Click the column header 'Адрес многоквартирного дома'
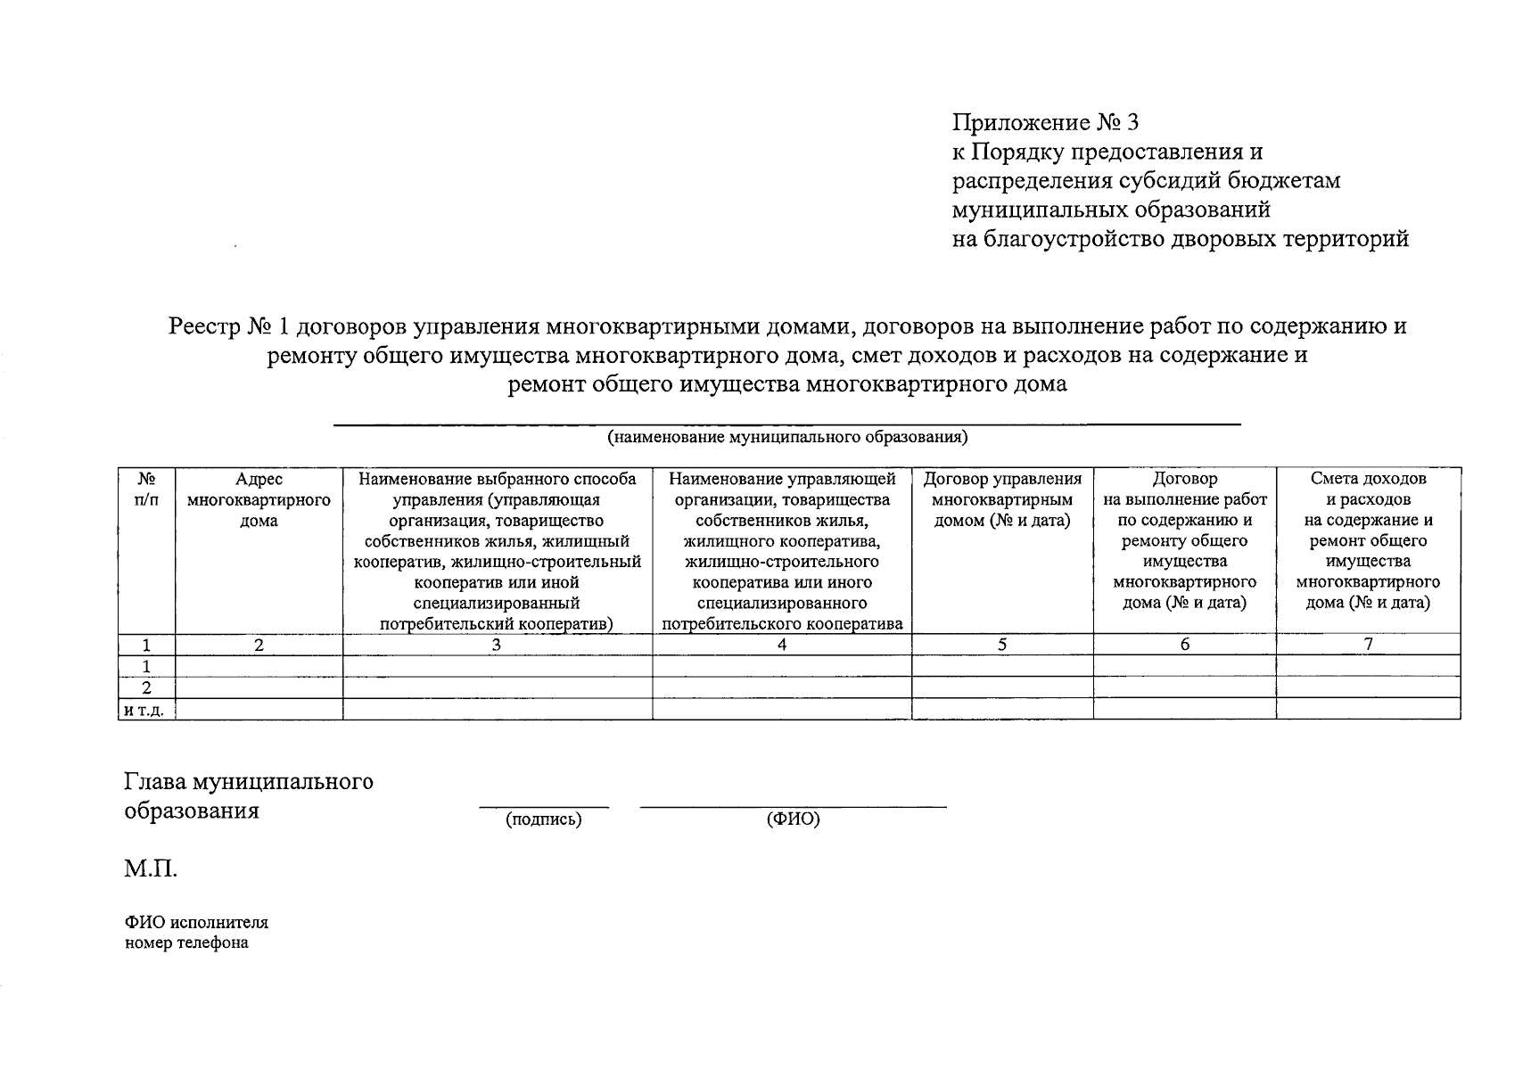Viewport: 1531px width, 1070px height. pyautogui.click(x=259, y=500)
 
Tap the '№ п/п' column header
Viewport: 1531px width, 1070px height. pyautogui.click(x=147, y=490)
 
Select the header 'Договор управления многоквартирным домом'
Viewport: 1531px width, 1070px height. pyautogui.click(x=1002, y=500)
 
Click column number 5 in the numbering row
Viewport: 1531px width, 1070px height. pyautogui.click(x=1002, y=644)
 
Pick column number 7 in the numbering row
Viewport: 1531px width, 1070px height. pyautogui.click(x=1368, y=644)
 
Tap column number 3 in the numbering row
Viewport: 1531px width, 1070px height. pyautogui.click(x=497, y=644)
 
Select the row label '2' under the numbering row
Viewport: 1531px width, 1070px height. pyautogui.click(x=147, y=687)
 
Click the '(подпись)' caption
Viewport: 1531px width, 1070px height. pyautogui.click(x=543, y=819)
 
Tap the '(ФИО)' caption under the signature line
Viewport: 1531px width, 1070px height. pyautogui.click(x=793, y=819)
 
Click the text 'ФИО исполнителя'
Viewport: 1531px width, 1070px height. pyautogui.click(x=196, y=922)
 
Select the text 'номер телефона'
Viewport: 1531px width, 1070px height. pyautogui.click(x=186, y=942)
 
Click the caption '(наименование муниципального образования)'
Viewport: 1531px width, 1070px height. pyautogui.click(x=787, y=438)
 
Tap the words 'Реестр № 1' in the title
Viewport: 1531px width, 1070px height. pyautogui.click(x=229, y=326)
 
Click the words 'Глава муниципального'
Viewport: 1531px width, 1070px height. pyautogui.click(x=249, y=782)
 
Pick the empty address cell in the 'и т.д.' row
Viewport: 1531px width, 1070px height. pyautogui.click(x=259, y=710)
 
